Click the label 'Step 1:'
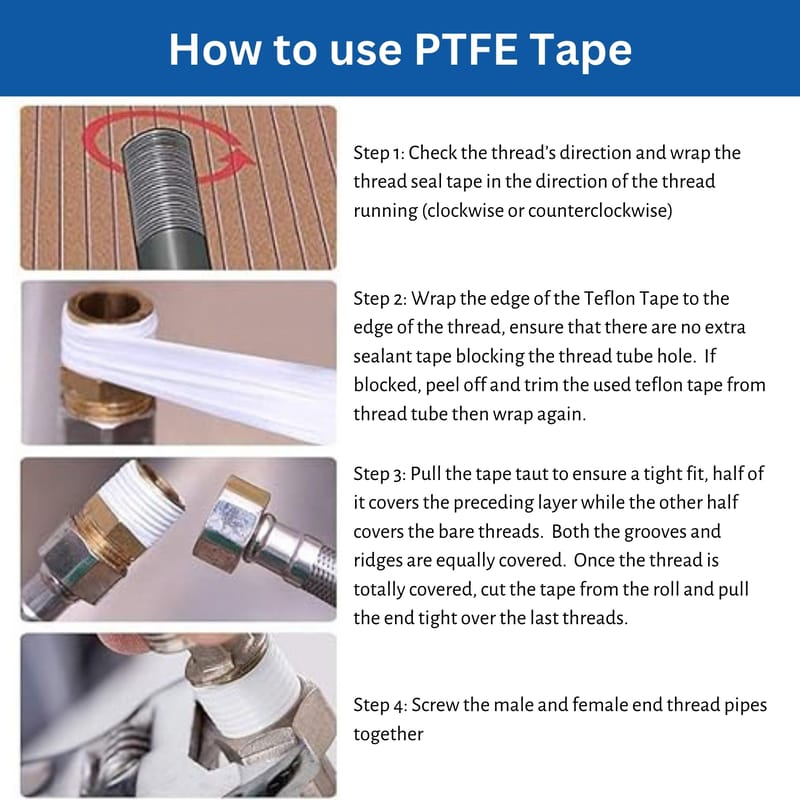pyautogui.click(x=379, y=153)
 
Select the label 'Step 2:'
pyautogui.click(x=380, y=298)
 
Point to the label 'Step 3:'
pyautogui.click(x=380, y=474)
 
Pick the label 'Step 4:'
pyautogui.click(x=380, y=705)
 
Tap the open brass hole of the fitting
pyautogui.click(x=110, y=305)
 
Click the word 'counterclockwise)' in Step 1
pyautogui.click(x=600, y=211)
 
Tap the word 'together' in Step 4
pyautogui.click(x=388, y=734)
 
